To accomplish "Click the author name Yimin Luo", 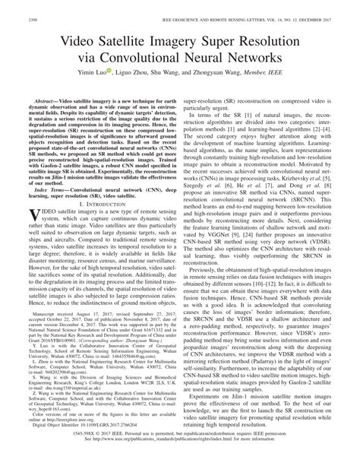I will click(91, 71).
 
